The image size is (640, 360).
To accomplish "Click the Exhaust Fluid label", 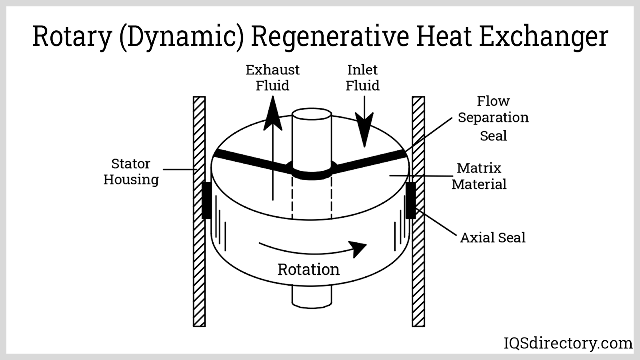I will point(272,78).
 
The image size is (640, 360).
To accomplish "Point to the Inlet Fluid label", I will point(362,78).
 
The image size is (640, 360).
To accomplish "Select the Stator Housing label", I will point(131,172).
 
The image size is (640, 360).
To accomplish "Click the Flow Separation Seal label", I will point(493,118).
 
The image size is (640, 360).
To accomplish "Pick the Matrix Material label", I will point(479,176).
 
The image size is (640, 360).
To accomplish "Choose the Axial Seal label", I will point(492,238).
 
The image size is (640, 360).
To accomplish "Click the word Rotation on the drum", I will point(308,270).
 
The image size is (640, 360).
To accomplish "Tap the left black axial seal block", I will point(206,200).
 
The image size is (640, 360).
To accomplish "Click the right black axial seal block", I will point(411,200).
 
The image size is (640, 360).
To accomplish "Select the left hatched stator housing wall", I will point(199,260).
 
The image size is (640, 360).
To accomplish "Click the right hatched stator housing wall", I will point(418,260).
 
